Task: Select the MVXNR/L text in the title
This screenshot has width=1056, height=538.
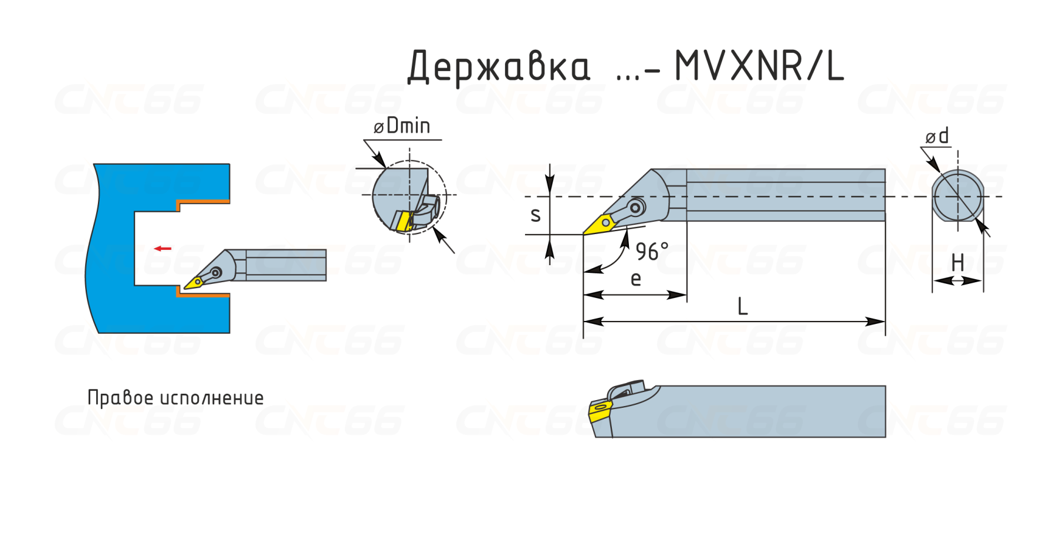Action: [759, 66]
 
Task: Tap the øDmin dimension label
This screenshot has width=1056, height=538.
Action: [402, 126]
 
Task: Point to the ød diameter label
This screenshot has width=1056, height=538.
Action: [937, 136]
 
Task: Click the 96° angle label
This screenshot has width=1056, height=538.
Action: [652, 252]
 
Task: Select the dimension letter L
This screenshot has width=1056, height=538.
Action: [743, 306]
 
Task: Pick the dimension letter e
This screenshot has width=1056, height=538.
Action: [636, 279]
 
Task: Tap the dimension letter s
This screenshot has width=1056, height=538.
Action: [535, 215]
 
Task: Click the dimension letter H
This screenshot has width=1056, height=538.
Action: [958, 262]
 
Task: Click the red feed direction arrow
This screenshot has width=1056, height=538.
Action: [163, 249]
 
